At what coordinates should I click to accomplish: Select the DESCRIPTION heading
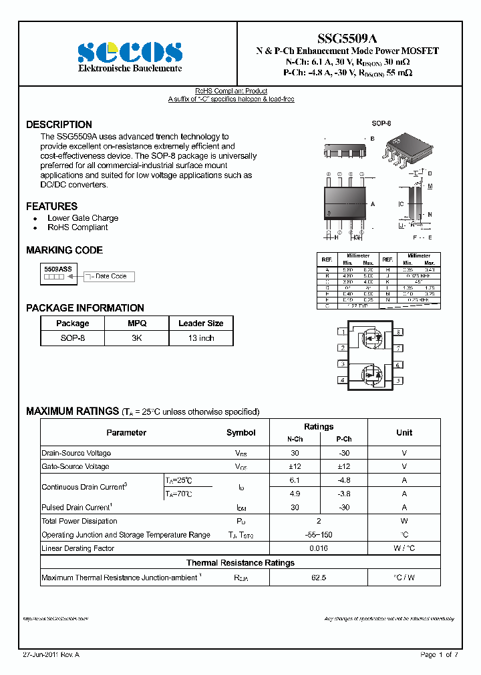pos(59,125)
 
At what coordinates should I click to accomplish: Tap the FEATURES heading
pos(51,206)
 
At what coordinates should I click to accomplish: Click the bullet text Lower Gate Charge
pos(83,218)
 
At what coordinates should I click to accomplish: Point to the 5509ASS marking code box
pos(58,271)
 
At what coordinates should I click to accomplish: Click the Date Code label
pos(110,276)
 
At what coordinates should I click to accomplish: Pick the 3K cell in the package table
pos(136,338)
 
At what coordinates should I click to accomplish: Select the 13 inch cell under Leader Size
pos(200,338)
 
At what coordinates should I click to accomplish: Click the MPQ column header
pos(136,323)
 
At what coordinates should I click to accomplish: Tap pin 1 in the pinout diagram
pos(342,331)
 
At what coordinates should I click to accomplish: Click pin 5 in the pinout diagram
pos(399,380)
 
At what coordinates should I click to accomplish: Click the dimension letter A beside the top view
pos(372,203)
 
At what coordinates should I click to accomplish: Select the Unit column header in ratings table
pos(404,432)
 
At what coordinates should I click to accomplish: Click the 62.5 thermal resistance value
pos(319,578)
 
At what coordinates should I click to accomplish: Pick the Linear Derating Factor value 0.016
pos(319,548)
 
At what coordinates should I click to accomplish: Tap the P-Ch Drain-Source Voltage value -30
pos(343,453)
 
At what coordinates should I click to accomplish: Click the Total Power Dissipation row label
pos(79,521)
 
